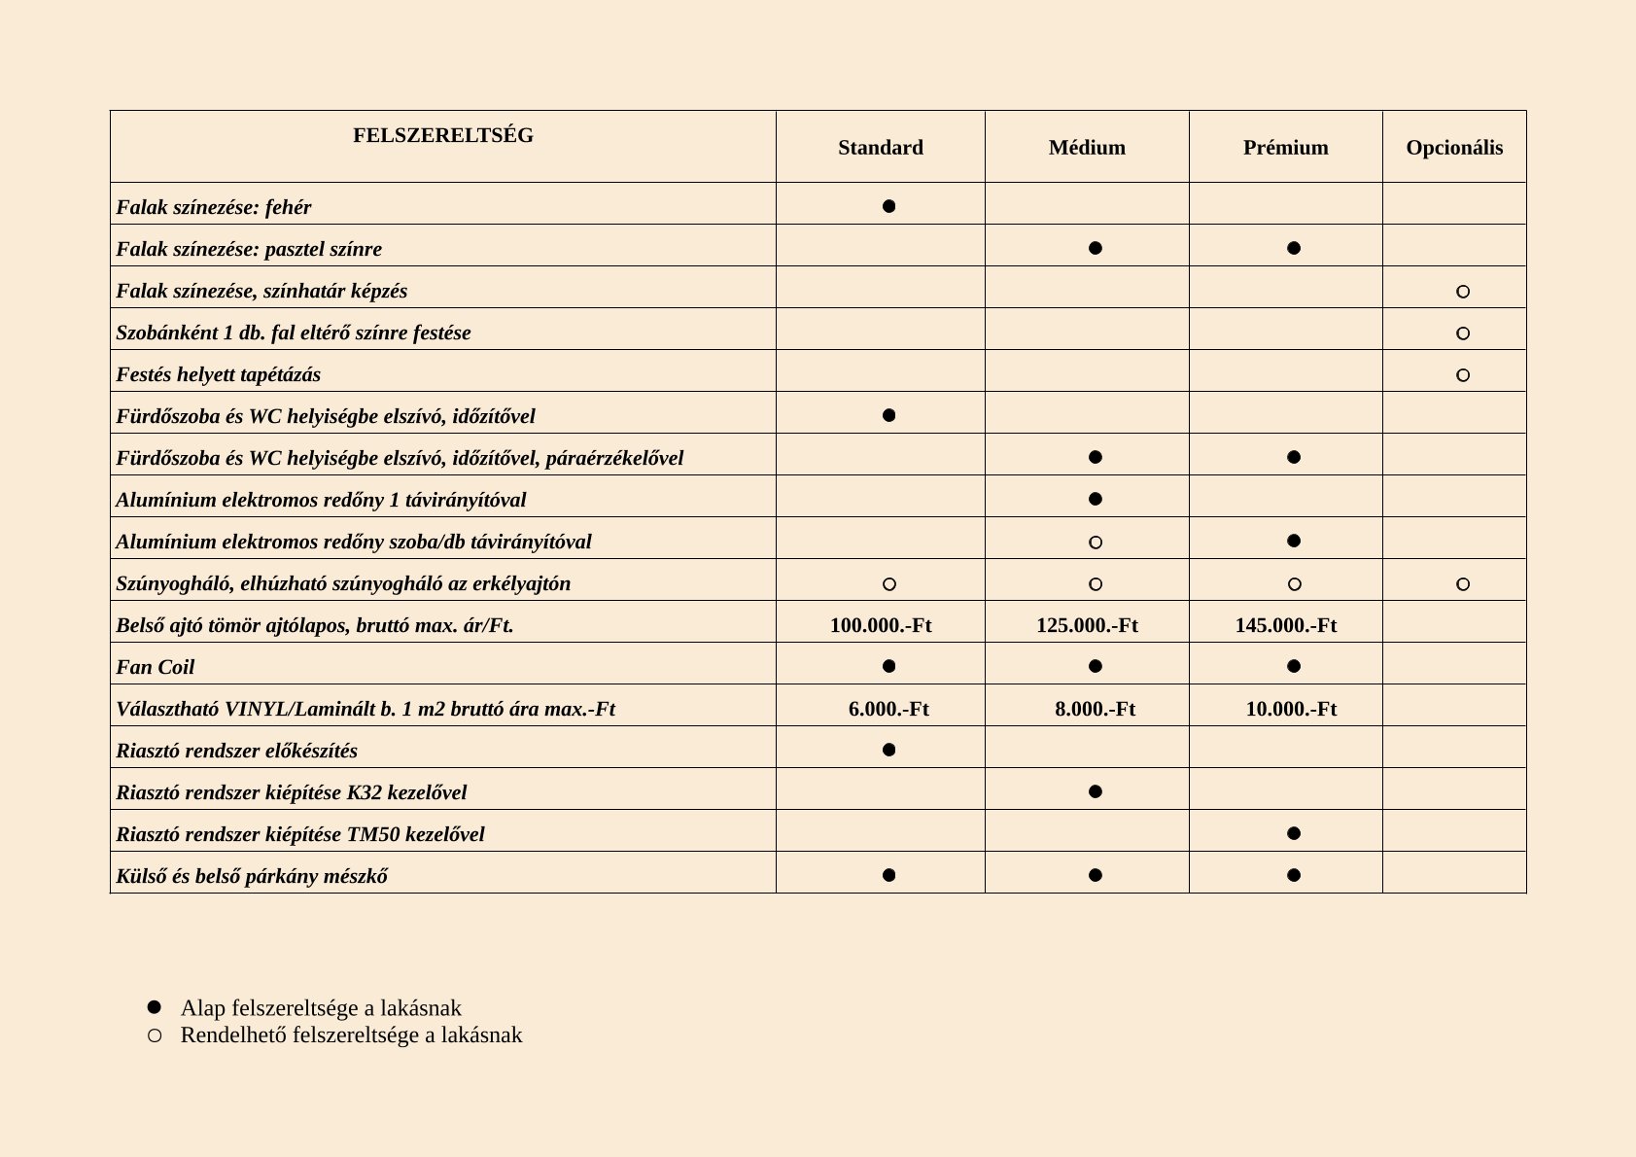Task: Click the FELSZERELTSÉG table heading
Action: pos(442,135)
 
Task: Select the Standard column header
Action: pos(880,148)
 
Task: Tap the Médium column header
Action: pos(1087,148)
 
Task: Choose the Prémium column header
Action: pos(1285,148)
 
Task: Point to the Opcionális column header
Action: pos(1454,148)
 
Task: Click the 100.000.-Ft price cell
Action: pos(880,625)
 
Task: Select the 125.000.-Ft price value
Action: pos(1087,625)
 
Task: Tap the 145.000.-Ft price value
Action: pos(1285,625)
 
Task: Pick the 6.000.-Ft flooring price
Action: pos(888,709)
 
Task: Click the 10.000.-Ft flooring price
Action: pos(1291,709)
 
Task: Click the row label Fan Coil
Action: pos(156,667)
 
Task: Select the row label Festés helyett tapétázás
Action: pos(218,374)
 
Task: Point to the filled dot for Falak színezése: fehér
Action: pos(888,206)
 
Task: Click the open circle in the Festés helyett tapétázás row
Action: pos(1463,375)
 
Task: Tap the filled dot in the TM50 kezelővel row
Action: pos(1293,833)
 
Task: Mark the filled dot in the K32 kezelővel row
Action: pos(1096,791)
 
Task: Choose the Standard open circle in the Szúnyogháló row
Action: pos(888,584)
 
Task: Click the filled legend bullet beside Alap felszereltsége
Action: pos(154,1007)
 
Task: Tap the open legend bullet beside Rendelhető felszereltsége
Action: pos(154,1035)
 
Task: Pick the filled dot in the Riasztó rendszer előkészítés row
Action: pos(888,750)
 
